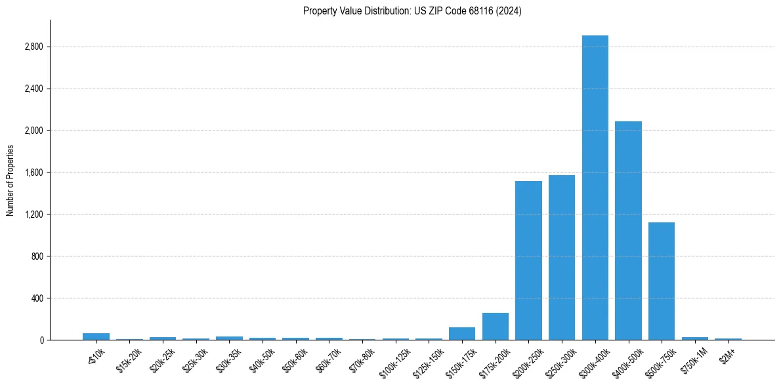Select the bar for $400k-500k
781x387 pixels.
(628, 230)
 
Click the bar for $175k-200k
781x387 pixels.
(495, 326)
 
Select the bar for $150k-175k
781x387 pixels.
(462, 333)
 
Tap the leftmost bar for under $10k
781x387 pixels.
(96, 336)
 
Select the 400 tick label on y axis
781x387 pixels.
(37, 298)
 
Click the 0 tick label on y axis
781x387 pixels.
(41, 340)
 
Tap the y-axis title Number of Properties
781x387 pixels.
(11, 180)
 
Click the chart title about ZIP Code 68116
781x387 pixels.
(412, 11)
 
